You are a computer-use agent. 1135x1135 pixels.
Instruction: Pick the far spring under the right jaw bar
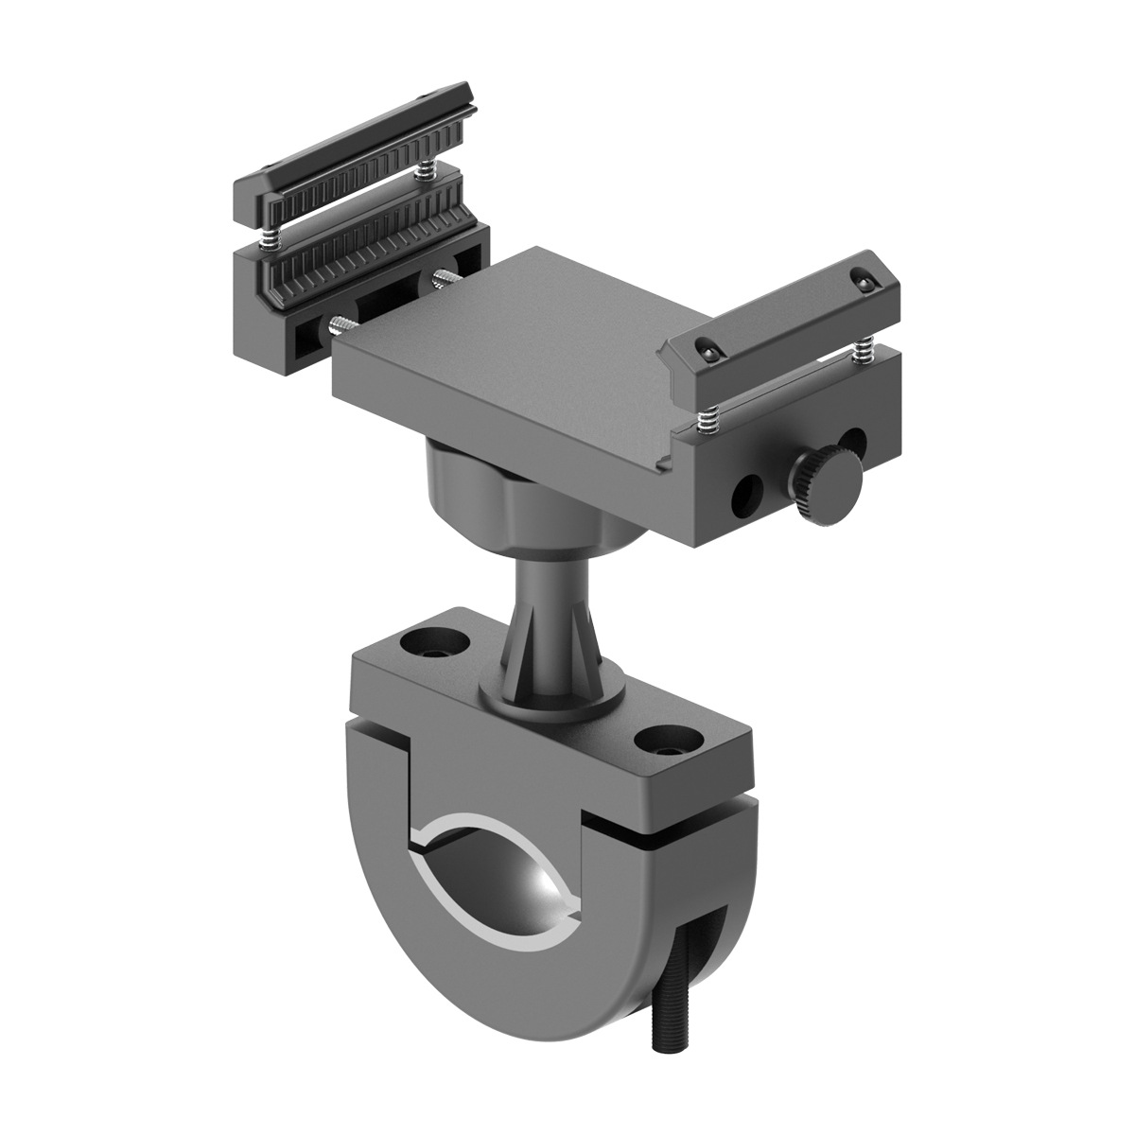[x=862, y=354]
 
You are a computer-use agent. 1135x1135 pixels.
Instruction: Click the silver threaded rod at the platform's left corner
[x=336, y=326]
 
